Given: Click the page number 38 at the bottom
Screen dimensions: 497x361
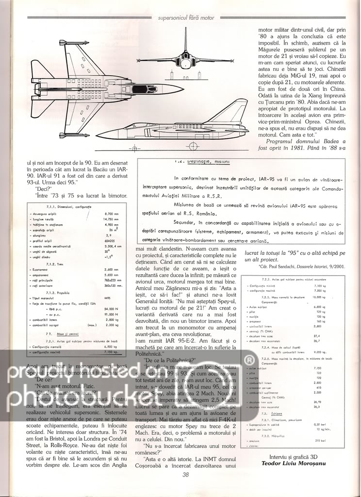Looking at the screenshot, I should point(185,488).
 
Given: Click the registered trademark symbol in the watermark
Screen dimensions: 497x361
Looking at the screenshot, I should point(249,360).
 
